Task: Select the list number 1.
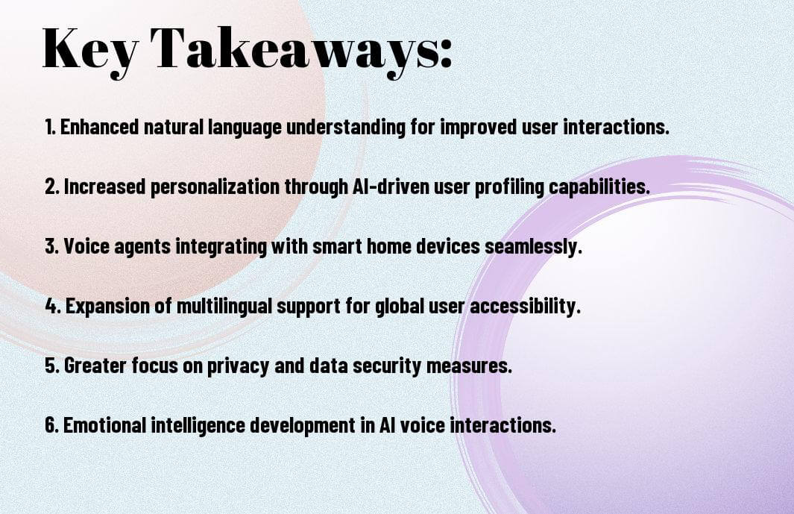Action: point(50,127)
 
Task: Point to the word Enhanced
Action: point(99,127)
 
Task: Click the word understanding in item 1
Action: point(346,127)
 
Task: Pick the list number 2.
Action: point(52,187)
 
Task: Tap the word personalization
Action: point(215,187)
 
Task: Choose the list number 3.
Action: point(52,246)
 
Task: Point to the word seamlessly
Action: point(534,247)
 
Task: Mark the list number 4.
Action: point(53,306)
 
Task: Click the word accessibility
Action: point(525,306)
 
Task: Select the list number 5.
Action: point(52,366)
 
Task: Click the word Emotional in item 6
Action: point(104,424)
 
